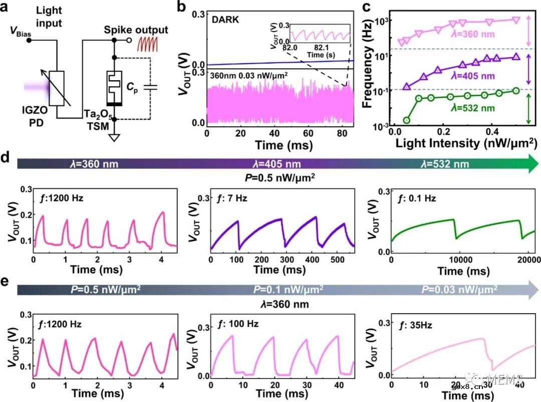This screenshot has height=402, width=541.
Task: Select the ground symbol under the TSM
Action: point(115,136)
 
